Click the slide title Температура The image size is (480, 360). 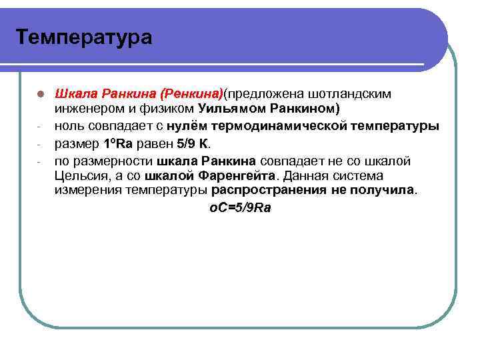pyautogui.click(x=84, y=37)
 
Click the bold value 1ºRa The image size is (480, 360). pyautogui.click(x=121, y=143)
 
